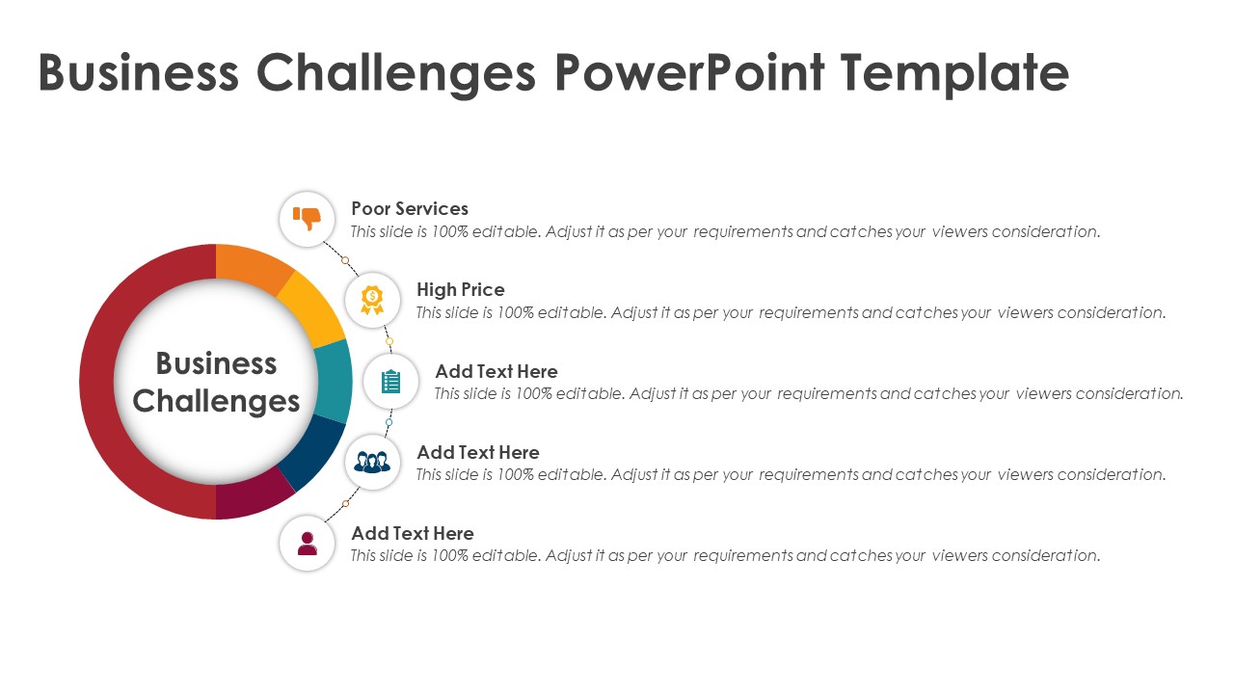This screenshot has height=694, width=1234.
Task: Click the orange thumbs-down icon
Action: click(x=307, y=219)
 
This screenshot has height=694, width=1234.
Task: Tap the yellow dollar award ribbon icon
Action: click(x=372, y=300)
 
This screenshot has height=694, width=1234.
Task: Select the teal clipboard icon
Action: click(x=390, y=381)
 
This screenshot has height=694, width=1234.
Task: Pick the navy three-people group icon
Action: click(x=372, y=462)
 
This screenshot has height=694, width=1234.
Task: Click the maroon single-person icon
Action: click(x=307, y=543)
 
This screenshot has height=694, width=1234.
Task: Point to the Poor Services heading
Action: click(x=410, y=209)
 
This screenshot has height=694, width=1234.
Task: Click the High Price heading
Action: click(x=461, y=290)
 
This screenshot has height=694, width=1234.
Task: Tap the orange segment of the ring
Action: click(x=251, y=268)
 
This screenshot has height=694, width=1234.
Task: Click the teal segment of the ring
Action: click(x=334, y=381)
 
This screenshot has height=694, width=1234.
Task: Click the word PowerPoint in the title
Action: click(x=689, y=72)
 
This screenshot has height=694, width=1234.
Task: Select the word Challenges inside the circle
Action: click(x=216, y=402)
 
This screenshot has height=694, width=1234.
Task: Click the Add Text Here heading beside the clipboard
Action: click(x=496, y=371)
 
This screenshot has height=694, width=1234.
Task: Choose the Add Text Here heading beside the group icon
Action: click(x=478, y=452)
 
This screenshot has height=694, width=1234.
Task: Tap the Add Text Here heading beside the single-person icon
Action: click(x=413, y=533)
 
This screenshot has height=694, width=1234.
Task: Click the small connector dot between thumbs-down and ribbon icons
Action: click(x=345, y=260)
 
